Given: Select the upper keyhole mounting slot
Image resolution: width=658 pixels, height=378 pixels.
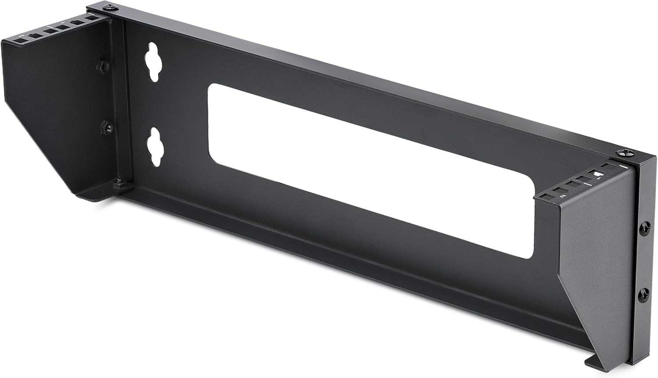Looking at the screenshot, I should [153, 62].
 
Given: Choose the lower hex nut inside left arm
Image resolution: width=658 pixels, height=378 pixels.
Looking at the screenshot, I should [107, 128].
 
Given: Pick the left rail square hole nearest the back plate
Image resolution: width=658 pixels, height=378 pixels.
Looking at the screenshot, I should [92, 19].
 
